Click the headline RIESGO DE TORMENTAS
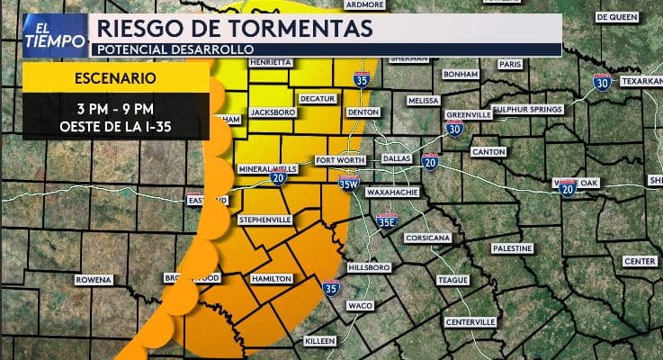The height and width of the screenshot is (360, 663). (234, 29)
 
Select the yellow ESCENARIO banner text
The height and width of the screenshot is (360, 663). (116, 78)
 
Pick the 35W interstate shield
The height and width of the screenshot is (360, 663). (350, 184)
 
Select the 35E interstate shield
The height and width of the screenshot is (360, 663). (387, 218)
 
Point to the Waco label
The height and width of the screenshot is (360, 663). (360, 306)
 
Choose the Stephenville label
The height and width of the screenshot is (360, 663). (264, 219)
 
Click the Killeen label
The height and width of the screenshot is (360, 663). (319, 341)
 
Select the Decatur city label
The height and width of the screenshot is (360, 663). (316, 98)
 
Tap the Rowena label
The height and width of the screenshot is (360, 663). (94, 280)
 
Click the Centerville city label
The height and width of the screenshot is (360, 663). (470, 321)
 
